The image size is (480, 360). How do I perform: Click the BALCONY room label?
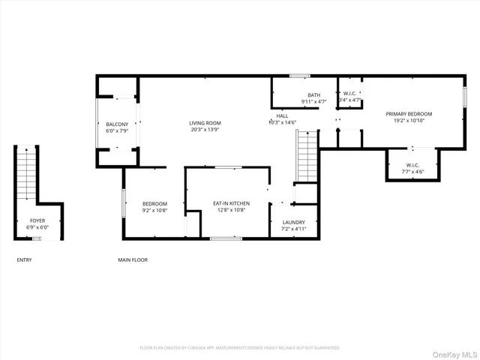116,124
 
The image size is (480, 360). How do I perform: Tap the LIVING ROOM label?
204,122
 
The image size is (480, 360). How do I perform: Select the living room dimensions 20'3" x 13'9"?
204,130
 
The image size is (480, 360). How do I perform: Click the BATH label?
313,94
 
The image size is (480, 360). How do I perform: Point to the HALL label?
282,115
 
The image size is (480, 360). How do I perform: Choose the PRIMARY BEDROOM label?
409,114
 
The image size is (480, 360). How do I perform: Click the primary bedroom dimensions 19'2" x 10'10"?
409,121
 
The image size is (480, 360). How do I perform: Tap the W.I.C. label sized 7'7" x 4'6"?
412,165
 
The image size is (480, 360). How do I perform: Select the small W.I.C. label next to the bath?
350,94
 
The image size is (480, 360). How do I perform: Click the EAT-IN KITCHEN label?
231,203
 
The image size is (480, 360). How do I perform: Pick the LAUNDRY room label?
293,223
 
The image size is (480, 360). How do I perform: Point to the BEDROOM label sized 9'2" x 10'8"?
154,203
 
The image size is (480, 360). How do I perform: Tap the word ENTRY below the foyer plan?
24,260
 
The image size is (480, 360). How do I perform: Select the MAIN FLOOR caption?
133,260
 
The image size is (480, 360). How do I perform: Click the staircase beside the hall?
307,155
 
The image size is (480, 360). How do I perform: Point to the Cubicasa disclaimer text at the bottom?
240,348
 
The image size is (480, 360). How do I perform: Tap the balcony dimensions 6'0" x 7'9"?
116,131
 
